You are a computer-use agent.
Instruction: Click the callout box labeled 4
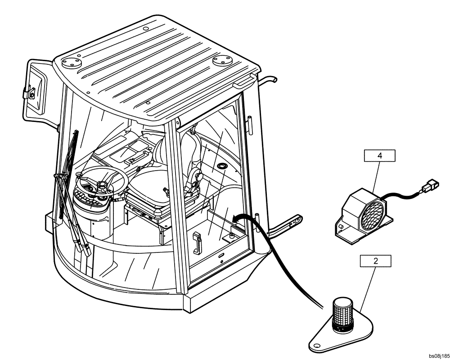[x=379, y=156]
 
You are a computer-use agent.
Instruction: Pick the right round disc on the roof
[x=222, y=59]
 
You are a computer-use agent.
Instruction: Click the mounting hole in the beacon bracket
[x=316, y=346]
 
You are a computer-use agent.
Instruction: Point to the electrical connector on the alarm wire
[x=431, y=184]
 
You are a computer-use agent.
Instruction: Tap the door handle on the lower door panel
[x=196, y=243]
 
